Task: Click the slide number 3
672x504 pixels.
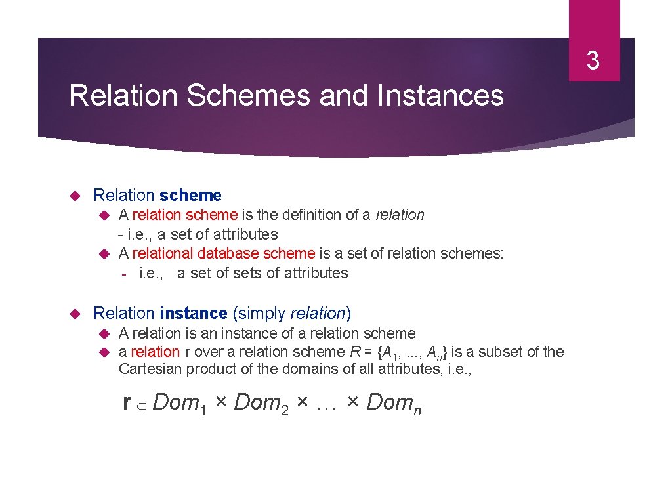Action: tap(593, 61)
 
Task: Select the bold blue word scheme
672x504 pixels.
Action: tap(190, 195)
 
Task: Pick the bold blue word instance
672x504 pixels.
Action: tap(193, 314)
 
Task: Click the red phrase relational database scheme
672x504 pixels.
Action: tap(224, 253)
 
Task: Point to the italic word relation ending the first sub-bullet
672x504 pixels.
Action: tap(400, 215)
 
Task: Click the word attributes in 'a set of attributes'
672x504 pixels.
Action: tap(245, 234)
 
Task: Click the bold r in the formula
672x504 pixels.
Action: tap(127, 402)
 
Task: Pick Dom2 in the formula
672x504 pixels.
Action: tap(262, 402)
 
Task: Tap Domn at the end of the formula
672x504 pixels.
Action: tap(394, 402)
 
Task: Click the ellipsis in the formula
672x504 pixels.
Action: tap(326, 404)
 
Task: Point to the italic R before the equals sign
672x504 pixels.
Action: tap(355, 352)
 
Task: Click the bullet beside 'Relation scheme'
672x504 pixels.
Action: tap(75, 196)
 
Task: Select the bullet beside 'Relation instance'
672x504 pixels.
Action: tap(75, 314)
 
